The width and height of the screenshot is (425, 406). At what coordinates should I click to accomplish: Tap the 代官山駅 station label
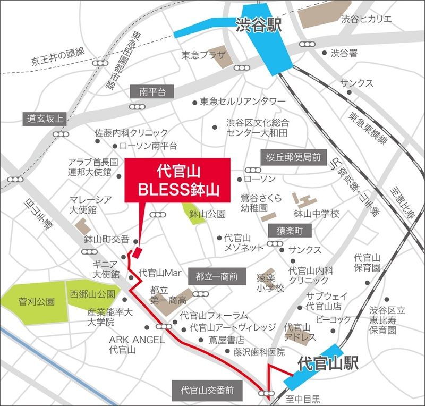[x=328, y=363]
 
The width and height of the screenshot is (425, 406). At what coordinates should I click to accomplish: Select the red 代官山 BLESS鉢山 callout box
[x=177, y=180]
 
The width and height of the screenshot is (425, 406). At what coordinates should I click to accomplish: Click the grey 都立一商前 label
[x=216, y=276]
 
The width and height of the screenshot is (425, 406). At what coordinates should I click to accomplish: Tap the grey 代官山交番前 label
[x=207, y=390]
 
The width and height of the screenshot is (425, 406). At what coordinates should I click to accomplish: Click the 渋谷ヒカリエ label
[x=367, y=19]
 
